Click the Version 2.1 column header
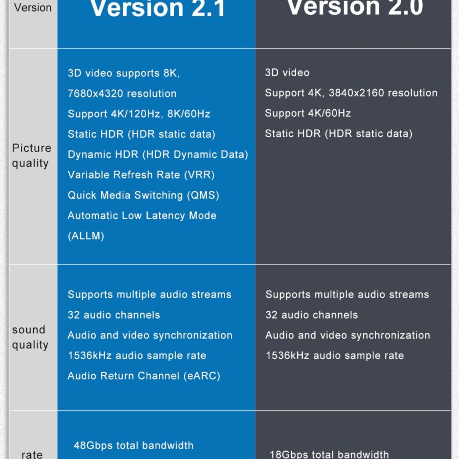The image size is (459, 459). pos(158,8)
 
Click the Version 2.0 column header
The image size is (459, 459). pos(355,7)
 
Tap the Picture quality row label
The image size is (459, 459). pos(32,156)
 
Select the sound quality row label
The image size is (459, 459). pos(30,338)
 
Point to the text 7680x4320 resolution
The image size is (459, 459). pos(122,94)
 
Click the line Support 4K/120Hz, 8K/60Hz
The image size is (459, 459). pos(139,114)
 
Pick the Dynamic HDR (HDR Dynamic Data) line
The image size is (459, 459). pos(158,155)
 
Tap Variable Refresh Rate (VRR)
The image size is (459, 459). pos(141,175)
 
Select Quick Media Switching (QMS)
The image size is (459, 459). pos(143,195)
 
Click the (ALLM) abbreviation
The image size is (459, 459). pos(86,236)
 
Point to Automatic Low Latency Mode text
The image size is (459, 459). pos(142,216)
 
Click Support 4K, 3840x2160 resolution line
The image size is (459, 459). pos(351,93)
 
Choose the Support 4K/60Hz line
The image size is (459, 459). pos(308,114)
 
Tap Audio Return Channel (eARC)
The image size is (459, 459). pos(144,376)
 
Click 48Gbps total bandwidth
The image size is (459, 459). pos(134,446)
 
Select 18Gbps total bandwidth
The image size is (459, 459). pos(329,454)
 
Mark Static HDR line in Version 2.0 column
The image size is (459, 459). pos(339,134)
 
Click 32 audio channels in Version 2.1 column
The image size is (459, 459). pos(114,315)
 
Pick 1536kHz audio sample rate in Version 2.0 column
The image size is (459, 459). pos(334,356)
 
